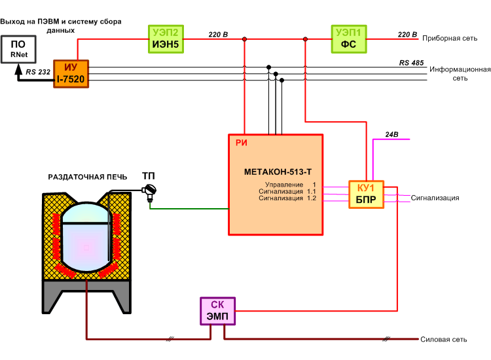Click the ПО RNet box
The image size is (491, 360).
tap(18, 49)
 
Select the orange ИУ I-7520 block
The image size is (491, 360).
tap(71, 74)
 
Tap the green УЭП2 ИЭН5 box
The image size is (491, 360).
tap(166, 39)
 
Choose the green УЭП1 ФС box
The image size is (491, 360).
tap(349, 39)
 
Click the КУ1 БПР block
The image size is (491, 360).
tap(366, 194)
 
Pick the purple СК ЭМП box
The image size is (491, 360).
tap(217, 311)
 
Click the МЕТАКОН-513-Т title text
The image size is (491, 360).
tap(278, 172)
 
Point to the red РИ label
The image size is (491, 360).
tap(242, 143)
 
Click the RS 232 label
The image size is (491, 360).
tap(38, 72)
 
